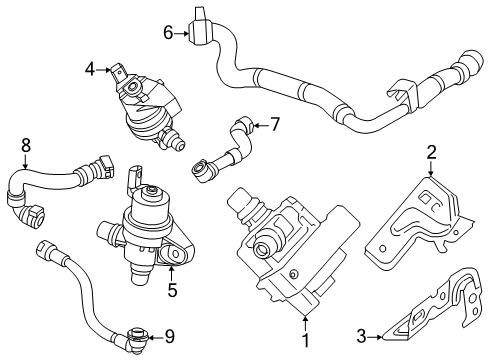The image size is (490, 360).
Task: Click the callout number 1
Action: coord(305,341)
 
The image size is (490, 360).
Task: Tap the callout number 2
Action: coord(431,152)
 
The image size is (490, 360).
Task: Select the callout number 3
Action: coord(362,336)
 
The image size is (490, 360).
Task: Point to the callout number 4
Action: coord(90,70)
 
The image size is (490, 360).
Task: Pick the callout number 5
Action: coord(172,290)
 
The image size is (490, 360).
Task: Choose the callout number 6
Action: coord(168,33)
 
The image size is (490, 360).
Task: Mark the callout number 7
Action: coord(274,125)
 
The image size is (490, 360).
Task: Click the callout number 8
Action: coord(25,145)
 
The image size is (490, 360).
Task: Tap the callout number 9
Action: coord(170,337)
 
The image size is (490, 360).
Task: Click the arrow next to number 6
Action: coord(182,33)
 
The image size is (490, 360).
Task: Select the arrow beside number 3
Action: coord(375,337)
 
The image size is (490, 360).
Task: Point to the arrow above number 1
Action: coord(305,323)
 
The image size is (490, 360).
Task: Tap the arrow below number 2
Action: coord(431,168)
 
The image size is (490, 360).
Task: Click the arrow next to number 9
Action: coord(156,337)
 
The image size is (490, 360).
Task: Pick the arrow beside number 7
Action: coord(260,125)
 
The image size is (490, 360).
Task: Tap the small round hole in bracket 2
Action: coord(383,248)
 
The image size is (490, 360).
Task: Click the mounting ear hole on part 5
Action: coord(176,254)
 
